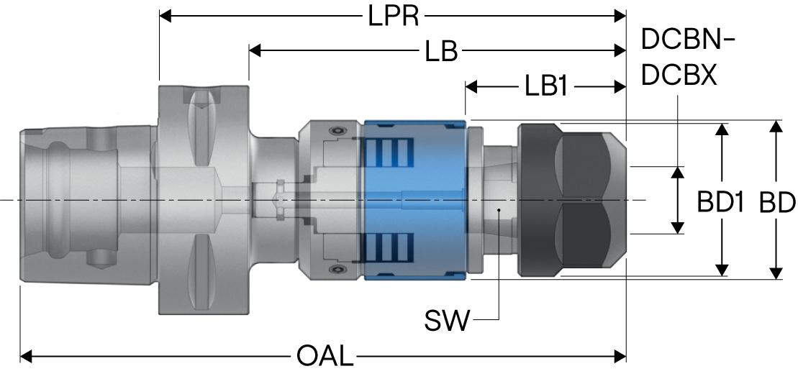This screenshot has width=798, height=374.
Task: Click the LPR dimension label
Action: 394,16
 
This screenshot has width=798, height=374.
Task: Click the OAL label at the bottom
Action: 325,356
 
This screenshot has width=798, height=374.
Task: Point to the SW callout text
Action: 448,320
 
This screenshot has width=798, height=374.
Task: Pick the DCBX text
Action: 679,76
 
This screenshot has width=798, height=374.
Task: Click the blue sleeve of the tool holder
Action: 414,200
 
